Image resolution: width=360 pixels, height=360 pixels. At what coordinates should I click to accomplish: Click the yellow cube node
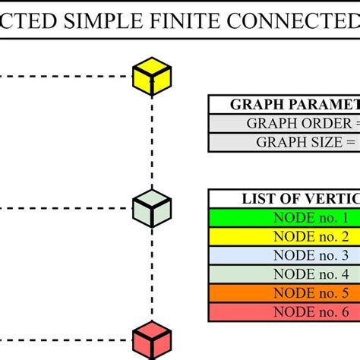tap(152, 76)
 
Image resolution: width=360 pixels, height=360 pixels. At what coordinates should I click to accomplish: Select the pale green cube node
tap(152, 207)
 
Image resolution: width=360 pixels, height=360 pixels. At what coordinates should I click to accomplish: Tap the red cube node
tap(152, 339)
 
